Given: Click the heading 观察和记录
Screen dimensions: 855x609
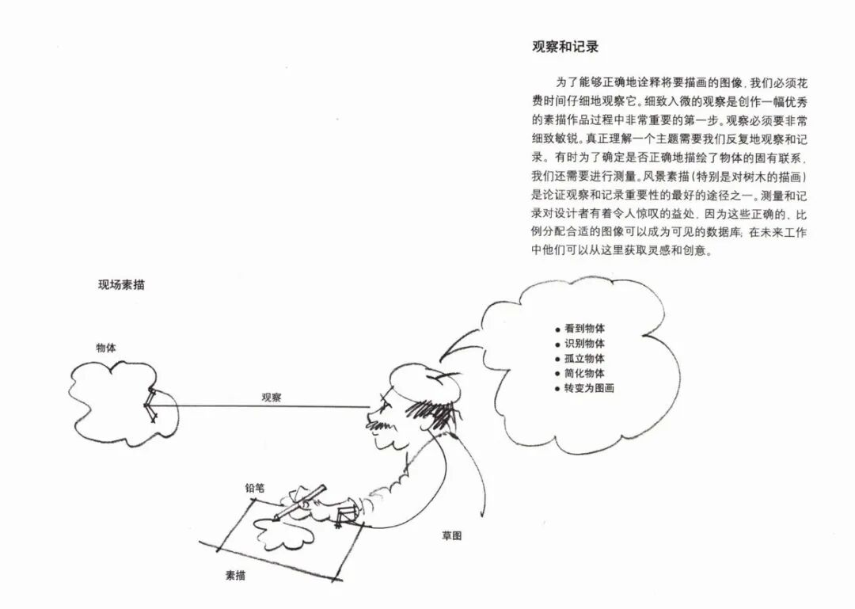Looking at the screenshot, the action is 565,47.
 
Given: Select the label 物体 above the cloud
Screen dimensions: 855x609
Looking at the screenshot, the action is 107,348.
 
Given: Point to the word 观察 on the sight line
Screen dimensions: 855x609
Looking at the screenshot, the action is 272,397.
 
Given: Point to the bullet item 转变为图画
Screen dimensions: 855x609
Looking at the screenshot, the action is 589,388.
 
